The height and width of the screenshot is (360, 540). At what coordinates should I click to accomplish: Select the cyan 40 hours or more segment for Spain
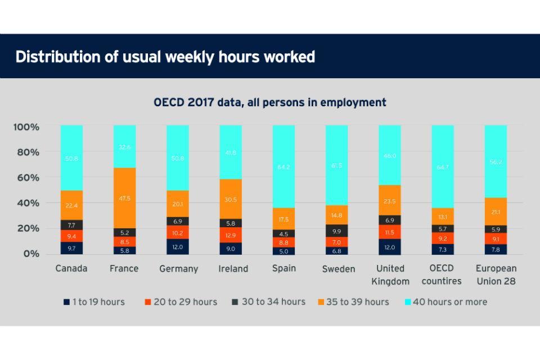point(283,166)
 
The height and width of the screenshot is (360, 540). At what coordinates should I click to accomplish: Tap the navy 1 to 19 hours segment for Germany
point(177,247)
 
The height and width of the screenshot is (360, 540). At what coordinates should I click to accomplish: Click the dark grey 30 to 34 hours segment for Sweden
point(336,231)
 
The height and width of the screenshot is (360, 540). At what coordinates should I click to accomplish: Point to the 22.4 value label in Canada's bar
point(71,205)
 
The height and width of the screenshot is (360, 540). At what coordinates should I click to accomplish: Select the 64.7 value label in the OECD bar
point(443,166)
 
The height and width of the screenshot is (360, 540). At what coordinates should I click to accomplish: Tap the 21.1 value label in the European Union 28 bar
point(496,211)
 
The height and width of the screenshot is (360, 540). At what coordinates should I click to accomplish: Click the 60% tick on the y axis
point(26,178)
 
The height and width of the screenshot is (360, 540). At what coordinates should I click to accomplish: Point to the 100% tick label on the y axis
point(26,127)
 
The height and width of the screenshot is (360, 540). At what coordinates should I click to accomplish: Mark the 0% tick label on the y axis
point(31,254)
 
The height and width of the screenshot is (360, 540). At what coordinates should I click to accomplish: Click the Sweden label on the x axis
point(338,269)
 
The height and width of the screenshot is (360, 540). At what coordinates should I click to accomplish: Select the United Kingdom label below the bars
point(390,274)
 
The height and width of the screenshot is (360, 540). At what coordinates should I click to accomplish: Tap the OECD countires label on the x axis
point(442,274)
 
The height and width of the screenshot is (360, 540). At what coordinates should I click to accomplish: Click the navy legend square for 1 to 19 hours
point(66,302)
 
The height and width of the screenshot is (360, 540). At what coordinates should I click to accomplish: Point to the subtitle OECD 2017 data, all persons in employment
point(270,102)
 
